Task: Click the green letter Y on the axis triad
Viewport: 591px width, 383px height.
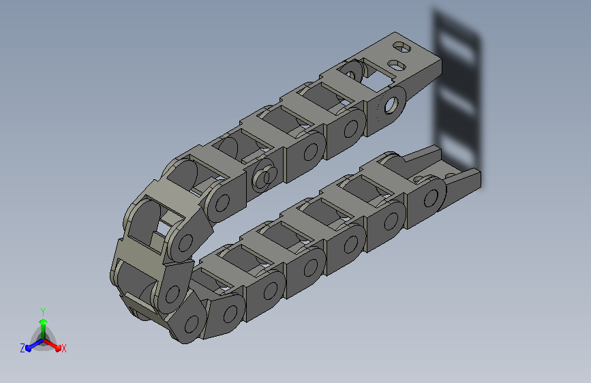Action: (43, 311)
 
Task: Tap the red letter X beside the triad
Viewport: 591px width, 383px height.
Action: (63, 348)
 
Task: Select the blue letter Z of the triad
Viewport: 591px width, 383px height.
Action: (22, 348)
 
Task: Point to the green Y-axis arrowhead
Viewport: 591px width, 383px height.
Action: (44, 322)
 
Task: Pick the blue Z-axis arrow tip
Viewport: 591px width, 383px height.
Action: (29, 348)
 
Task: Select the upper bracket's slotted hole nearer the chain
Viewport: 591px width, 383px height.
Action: (397, 65)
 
